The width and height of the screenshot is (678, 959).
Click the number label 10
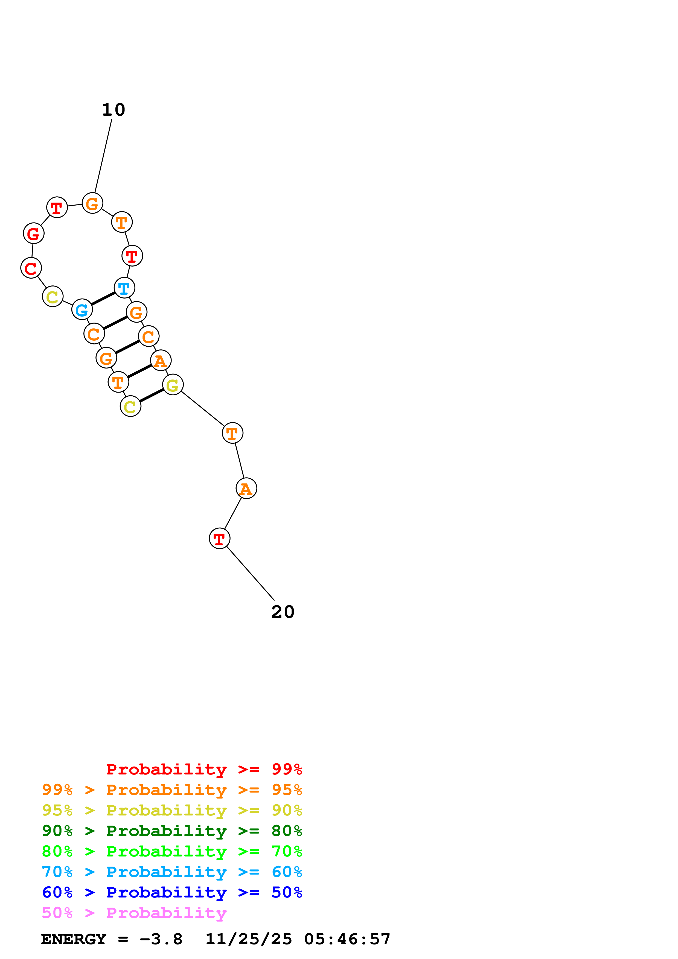pyautogui.click(x=113, y=110)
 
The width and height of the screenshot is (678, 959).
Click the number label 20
pyautogui.click(x=283, y=612)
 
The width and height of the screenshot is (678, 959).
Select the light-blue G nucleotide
pyautogui.click(x=82, y=309)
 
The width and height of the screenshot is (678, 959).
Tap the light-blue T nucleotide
pyautogui.click(x=124, y=288)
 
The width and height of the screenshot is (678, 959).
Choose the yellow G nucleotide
pyautogui.click(x=173, y=385)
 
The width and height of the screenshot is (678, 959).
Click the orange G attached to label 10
pyautogui.click(x=92, y=203)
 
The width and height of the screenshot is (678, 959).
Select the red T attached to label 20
pyautogui.click(x=219, y=538)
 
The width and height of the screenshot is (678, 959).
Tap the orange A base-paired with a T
pyautogui.click(x=161, y=361)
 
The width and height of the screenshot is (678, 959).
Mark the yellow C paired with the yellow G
pyautogui.click(x=130, y=407)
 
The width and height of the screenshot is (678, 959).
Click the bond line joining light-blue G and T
pyautogui.click(x=103, y=299)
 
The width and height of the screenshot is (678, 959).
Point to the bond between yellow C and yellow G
pyautogui.click(x=152, y=396)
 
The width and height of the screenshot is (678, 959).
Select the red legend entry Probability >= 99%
pyautogui.click(x=204, y=769)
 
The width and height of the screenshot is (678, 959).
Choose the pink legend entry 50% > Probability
pyautogui.click(x=134, y=913)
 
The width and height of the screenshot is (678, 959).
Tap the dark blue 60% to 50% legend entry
pyautogui.click(x=172, y=892)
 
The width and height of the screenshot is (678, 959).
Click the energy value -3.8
pyautogui.click(x=161, y=939)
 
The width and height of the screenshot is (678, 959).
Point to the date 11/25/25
pyautogui.click(x=249, y=939)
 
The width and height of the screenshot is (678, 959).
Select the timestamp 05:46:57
pyautogui.click(x=347, y=939)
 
